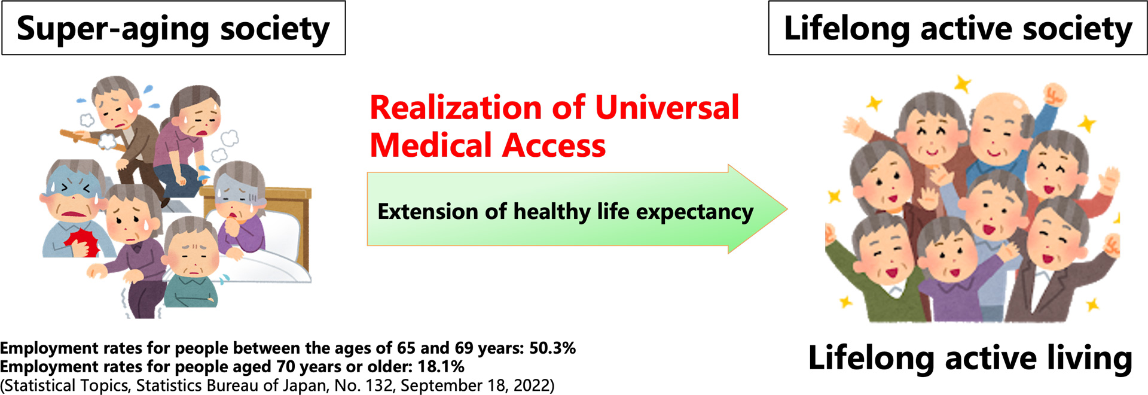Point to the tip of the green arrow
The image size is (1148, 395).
point(787,209)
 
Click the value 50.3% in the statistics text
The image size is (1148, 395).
point(552,348)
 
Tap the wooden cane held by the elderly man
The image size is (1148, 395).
point(93,140)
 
